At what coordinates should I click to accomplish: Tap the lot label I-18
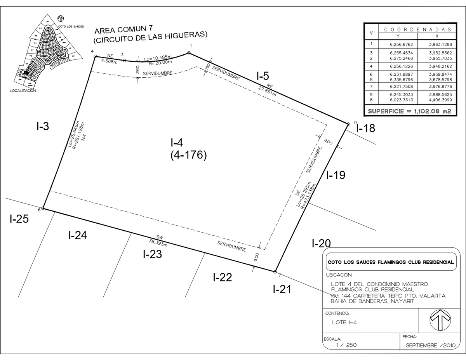[x=366, y=128]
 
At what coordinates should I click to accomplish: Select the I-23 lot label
[x=152, y=255]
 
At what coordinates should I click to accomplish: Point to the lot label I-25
[x=19, y=219]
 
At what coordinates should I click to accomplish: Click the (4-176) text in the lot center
[x=188, y=155]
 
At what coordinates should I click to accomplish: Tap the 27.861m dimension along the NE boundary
[x=267, y=91]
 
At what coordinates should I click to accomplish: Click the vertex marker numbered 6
[x=43, y=209]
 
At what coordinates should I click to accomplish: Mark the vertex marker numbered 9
[x=348, y=124]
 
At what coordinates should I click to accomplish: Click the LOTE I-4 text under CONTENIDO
[x=345, y=322]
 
